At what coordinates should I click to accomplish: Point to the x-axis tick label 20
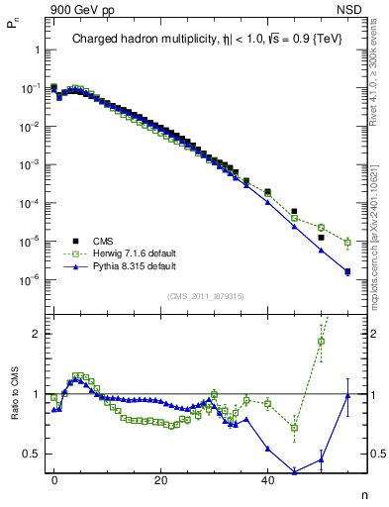coord(160,479)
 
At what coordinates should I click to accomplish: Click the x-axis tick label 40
coord(267,479)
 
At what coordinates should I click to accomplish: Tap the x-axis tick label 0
coord(54,479)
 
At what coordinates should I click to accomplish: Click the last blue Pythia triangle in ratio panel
coord(347,396)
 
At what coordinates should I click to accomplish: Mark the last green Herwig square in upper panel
coord(347,242)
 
